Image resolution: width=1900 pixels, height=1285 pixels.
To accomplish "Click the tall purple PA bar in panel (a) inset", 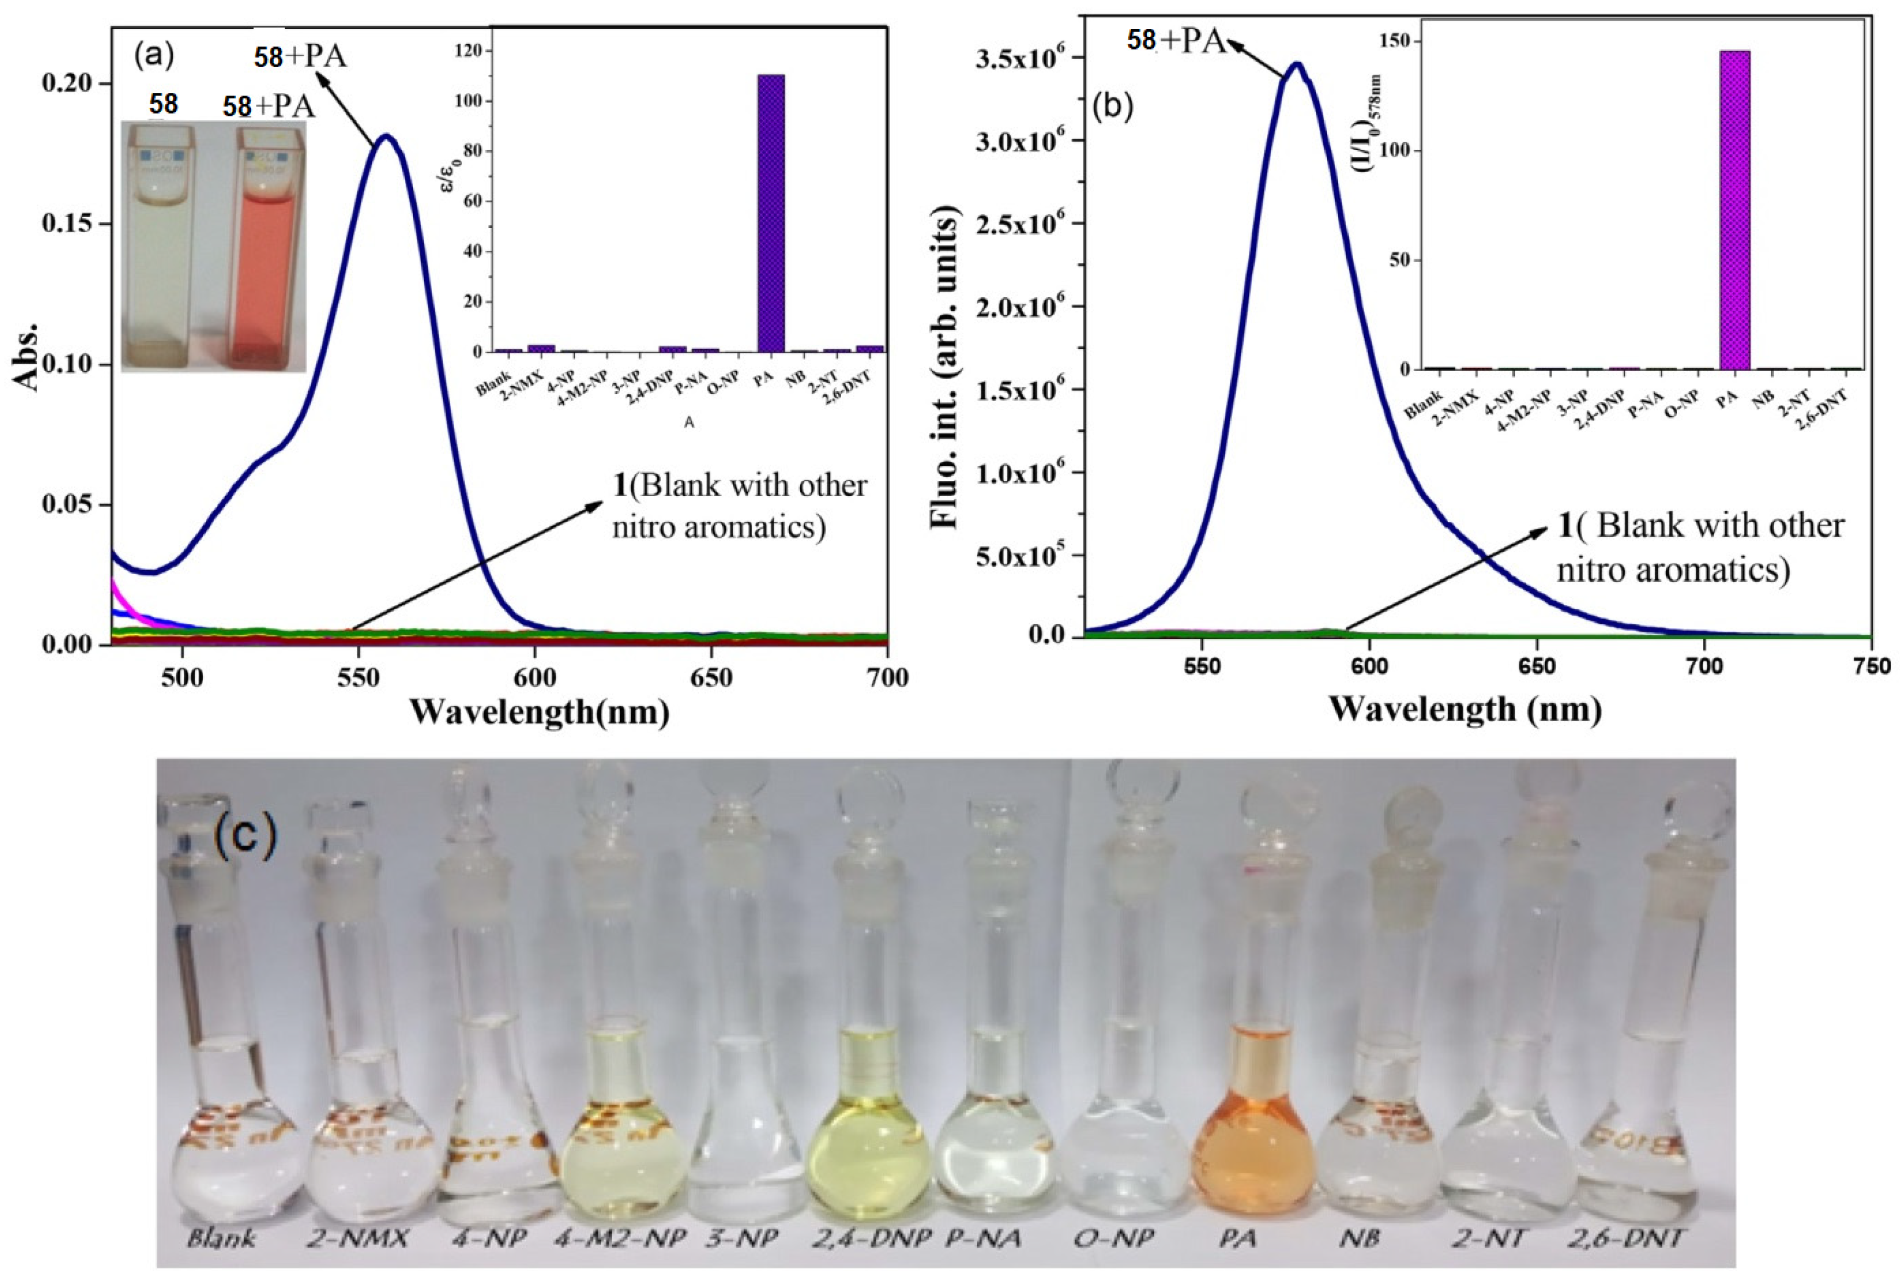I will coord(770,213).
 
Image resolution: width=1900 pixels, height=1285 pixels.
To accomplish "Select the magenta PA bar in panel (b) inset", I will coord(1735,210).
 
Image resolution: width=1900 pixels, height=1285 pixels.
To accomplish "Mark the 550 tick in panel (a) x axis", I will coord(358,677).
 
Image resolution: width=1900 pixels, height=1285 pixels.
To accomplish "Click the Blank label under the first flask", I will coord(221,1239).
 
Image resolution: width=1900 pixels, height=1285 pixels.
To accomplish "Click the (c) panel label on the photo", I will coord(245,834).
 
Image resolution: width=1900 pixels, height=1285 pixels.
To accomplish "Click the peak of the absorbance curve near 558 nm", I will coord(387,137).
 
